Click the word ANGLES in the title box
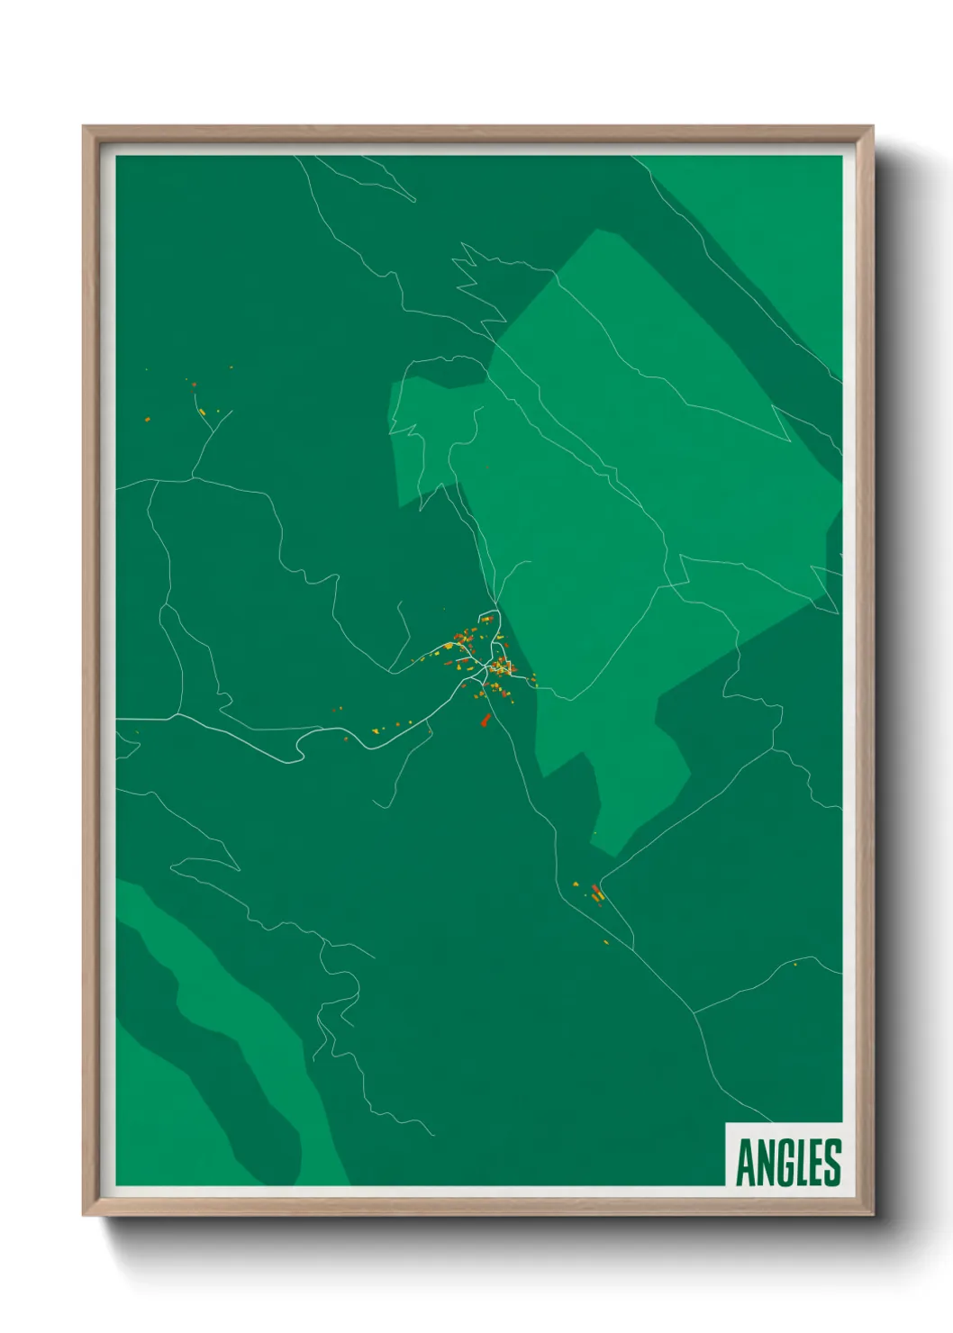pyautogui.click(x=788, y=1162)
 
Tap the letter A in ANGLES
pyautogui.click(x=747, y=1162)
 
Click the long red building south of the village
pyautogui.click(x=486, y=719)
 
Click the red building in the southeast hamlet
pyautogui.click(x=595, y=893)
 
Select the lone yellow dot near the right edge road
pyautogui.click(x=794, y=964)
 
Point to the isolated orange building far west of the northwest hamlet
pyautogui.click(x=146, y=418)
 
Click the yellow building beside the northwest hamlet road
pyautogui.click(x=204, y=413)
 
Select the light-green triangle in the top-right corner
pyautogui.click(x=775, y=216)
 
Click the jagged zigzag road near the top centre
pyautogui.click(x=473, y=279)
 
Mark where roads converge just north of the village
pyautogui.click(x=495, y=605)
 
